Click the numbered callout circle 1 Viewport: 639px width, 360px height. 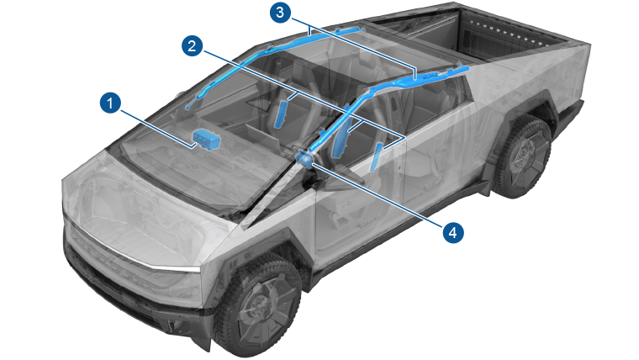tap(110, 103)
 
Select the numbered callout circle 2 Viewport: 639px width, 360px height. tap(192, 45)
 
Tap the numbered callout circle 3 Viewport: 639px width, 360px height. tap(280, 13)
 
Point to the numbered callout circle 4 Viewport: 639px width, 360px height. tap(452, 233)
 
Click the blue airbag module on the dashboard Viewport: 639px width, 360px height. tap(206, 140)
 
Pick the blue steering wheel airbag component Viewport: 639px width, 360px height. tap(305, 158)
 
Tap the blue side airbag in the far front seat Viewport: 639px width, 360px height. tap(281, 114)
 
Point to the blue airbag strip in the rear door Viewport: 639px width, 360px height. tap(376, 157)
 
